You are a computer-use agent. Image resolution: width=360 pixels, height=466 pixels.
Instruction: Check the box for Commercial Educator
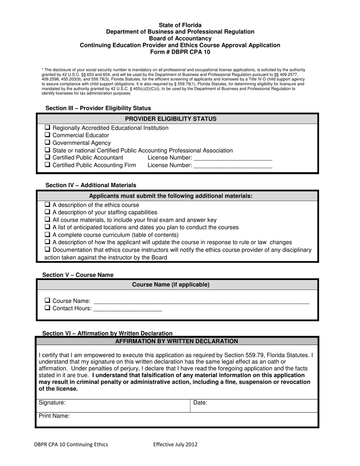47,135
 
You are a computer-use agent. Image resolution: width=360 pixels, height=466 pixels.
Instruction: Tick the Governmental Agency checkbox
47,142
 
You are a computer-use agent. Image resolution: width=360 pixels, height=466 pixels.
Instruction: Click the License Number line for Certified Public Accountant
233,158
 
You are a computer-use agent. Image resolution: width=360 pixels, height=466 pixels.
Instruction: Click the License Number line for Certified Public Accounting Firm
233,166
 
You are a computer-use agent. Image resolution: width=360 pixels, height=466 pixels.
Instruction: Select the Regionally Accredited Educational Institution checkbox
47,128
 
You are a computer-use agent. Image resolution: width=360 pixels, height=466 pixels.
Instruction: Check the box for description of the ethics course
47,205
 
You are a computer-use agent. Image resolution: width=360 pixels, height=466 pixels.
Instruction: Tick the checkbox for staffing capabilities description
47,212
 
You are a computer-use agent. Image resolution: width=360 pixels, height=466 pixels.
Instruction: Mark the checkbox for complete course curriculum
47,235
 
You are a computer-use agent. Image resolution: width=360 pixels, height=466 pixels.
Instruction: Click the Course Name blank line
201,302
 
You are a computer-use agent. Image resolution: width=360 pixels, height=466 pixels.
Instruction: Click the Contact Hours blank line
128,309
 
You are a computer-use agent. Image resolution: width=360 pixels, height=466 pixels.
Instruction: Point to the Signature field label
52,403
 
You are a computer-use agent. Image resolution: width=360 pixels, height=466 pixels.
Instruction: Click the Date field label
200,403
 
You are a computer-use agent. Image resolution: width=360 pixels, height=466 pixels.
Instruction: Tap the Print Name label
54,416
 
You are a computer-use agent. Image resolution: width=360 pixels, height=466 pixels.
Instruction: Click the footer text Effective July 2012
175,445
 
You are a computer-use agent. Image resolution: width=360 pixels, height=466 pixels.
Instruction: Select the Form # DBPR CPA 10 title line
180,52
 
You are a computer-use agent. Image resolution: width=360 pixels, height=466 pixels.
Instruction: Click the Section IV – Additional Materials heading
91,185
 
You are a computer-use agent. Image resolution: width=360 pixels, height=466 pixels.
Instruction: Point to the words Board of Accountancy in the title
180,39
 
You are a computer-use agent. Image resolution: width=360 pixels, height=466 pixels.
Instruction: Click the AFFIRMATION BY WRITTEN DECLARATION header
177,341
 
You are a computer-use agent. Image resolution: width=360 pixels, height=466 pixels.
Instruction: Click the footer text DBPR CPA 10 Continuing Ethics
71,445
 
